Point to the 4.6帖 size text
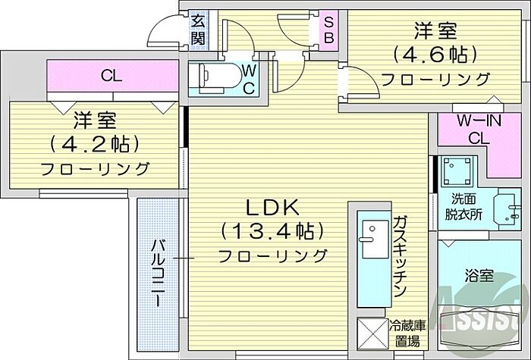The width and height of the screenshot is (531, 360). click(x=434, y=55)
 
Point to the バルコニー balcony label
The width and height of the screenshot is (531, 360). click(x=158, y=273)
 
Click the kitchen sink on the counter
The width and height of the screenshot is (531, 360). click(x=372, y=233)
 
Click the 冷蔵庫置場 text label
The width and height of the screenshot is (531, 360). click(x=407, y=333)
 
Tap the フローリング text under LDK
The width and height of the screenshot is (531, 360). click(x=273, y=255)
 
